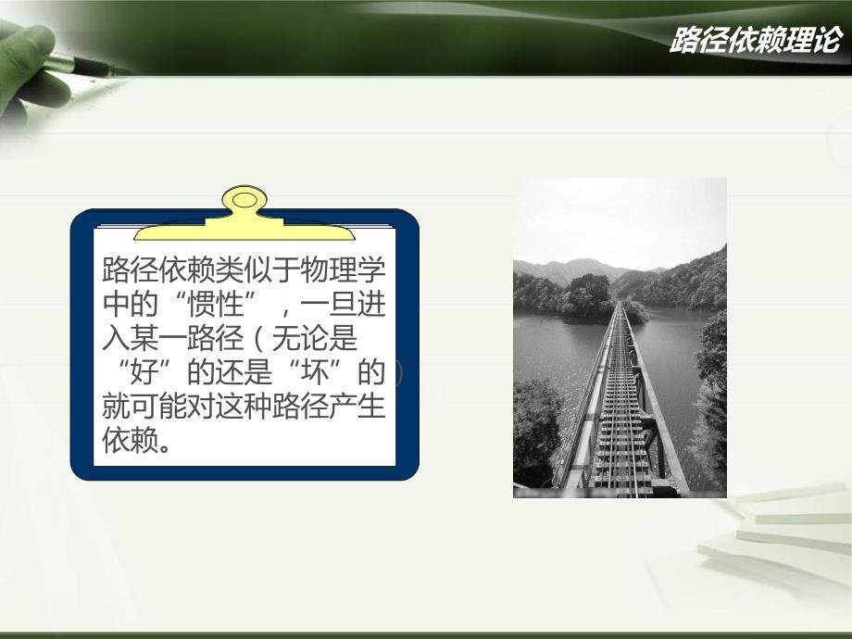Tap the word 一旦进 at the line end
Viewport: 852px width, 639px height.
click(x=356, y=307)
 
